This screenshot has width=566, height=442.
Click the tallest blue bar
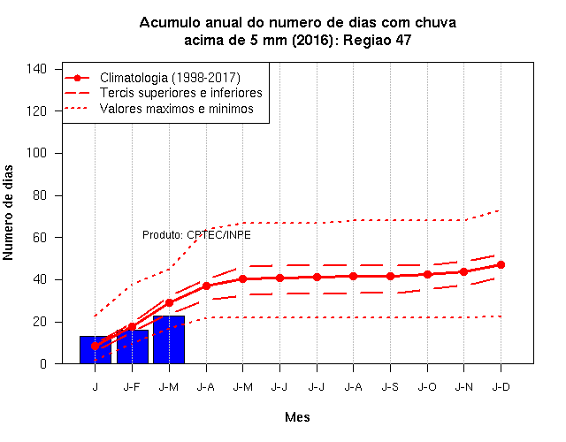[x=169, y=339]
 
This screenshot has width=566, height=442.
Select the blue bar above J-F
[x=133, y=347]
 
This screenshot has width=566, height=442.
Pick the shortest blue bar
[x=96, y=350]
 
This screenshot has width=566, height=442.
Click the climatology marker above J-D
[x=501, y=265]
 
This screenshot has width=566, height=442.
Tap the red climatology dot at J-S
[x=390, y=277]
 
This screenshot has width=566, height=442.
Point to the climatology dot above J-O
[x=427, y=275]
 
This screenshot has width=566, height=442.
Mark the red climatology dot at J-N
[x=463, y=271]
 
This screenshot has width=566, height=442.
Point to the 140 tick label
[x=36, y=69]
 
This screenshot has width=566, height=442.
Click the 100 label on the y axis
[x=36, y=153]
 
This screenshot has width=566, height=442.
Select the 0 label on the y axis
[x=43, y=363]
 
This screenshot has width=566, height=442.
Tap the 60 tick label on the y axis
[x=40, y=238]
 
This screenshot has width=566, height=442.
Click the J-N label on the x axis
[x=463, y=387]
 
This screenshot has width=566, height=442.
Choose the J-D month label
[x=501, y=387]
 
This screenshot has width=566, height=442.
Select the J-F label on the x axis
[x=132, y=387]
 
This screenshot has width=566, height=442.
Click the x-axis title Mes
[x=297, y=417]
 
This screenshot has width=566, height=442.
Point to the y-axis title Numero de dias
[x=8, y=213]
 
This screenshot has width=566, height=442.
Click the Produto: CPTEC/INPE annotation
[x=196, y=235]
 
